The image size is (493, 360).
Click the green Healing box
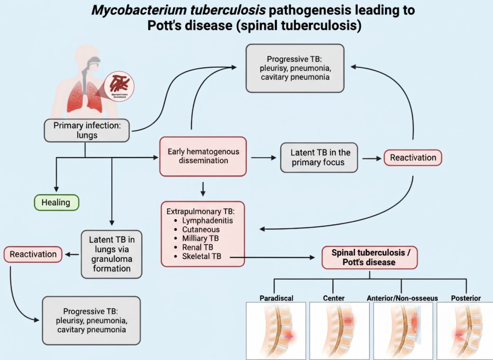click(x=56, y=202)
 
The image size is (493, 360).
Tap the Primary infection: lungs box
click(x=87, y=131)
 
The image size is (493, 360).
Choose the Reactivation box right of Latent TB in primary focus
click(x=413, y=158)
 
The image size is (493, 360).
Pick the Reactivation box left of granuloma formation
click(x=33, y=254)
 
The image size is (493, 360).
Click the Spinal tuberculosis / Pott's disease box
click(x=369, y=257)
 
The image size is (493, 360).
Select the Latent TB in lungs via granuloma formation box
click(x=112, y=253)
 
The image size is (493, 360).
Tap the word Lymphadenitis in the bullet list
click(x=207, y=220)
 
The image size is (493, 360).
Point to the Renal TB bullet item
click(x=198, y=247)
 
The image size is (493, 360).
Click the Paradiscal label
click(x=276, y=298)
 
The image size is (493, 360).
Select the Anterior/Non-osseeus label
click(x=402, y=298)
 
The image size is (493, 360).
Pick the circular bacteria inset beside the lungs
click(x=119, y=86)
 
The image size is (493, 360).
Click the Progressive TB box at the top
click(x=295, y=68)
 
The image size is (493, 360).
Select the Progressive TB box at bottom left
click(x=91, y=320)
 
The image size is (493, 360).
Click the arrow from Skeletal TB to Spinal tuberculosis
click(x=274, y=258)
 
